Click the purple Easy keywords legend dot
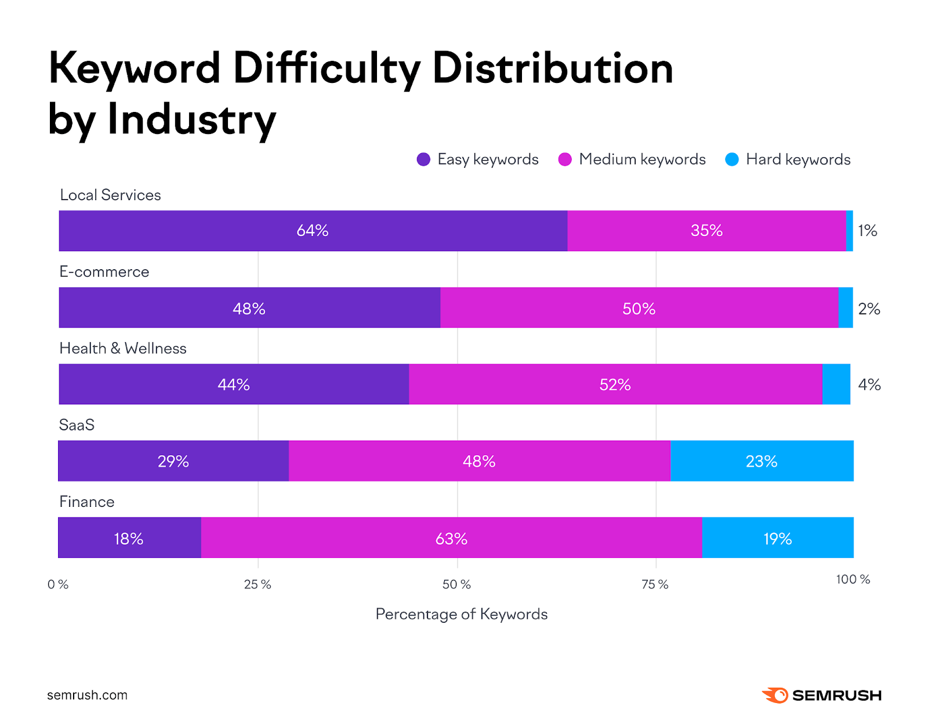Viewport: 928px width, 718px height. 423,159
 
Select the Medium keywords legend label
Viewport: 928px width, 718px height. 642,159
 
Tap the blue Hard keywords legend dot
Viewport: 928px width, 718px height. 732,159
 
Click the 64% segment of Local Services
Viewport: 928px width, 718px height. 313,231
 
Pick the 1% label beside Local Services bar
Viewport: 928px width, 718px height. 867,231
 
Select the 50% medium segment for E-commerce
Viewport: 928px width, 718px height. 639,308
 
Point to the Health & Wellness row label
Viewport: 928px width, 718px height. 123,349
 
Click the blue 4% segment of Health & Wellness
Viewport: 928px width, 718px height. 836,385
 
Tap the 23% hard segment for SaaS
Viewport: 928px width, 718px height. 761,461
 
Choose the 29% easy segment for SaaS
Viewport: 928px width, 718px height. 173,461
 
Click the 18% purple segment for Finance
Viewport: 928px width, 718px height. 129,538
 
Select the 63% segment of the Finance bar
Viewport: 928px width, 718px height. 451,538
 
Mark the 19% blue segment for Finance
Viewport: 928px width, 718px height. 777,538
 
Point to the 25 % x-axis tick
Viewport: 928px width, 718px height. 258,585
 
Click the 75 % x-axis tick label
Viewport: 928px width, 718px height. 655,585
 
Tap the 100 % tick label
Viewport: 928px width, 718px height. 853,579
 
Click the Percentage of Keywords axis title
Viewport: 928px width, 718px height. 461,614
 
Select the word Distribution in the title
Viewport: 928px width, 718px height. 552,69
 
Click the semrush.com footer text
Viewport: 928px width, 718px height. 87,695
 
